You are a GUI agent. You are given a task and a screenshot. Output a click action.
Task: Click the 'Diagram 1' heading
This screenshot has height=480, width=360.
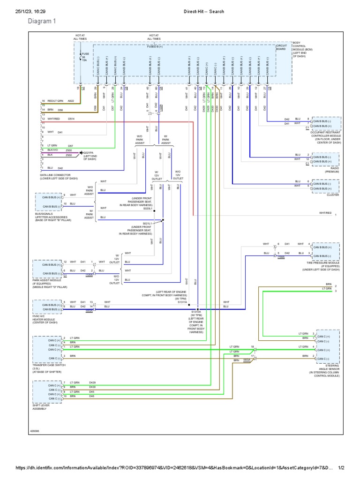pyautogui.click(x=42, y=21)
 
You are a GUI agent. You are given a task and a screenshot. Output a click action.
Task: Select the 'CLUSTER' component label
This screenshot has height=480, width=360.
pyautogui.click(x=332, y=195)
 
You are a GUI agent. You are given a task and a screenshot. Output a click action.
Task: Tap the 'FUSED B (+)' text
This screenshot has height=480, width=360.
pyautogui.click(x=154, y=46)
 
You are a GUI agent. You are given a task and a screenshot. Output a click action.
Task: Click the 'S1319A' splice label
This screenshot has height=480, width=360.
pyautogui.click(x=196, y=311)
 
